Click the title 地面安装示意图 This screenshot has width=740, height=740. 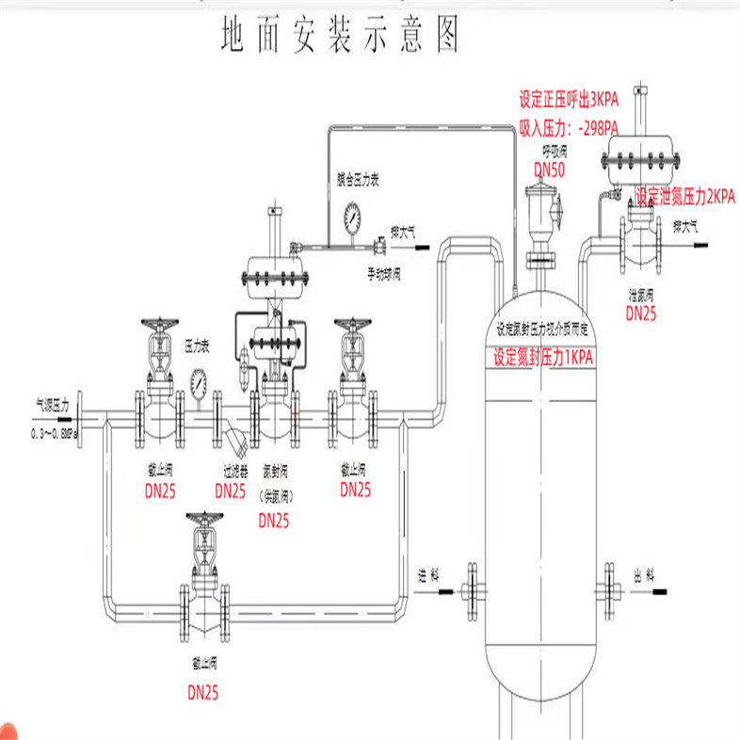click(340, 35)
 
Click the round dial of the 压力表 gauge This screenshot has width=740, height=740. click(199, 381)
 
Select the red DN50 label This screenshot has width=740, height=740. click(549, 169)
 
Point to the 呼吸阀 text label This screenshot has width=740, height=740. click(553, 151)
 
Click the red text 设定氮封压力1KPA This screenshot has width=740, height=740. click(545, 359)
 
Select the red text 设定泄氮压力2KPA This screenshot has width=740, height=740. click(684, 197)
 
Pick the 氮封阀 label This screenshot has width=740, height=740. click(275, 470)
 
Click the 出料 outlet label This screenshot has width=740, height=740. click(644, 575)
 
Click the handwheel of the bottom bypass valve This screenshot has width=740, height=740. click(204, 518)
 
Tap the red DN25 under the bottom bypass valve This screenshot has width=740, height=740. click(202, 693)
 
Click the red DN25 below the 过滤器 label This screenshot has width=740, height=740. click(231, 491)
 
